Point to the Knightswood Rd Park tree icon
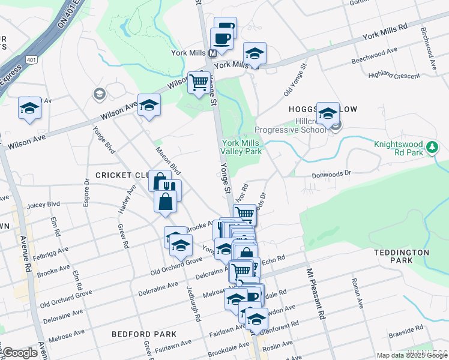pos(431,148)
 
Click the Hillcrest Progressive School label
pos(291,125)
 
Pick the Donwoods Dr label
pos(331,175)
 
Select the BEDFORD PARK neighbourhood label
pos(145,334)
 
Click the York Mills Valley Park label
pos(242,147)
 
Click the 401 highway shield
pos(31,59)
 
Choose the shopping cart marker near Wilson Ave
pos(199,82)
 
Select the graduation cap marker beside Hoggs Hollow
pos(327,113)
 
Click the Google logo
pos(20,353)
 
